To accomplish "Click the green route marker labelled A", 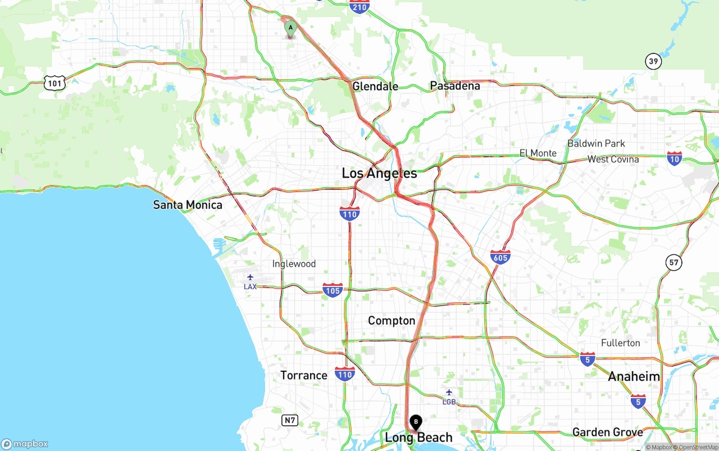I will coord(290,28).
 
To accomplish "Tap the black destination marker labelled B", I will coord(416,422).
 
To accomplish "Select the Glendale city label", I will coord(375,86).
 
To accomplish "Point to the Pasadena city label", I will coord(455,86).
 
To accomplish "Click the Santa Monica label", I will coord(188,205).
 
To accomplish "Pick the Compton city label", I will coord(392,321).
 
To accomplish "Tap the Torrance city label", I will coord(304,375).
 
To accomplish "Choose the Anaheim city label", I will coord(634,376).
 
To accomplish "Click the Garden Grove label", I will coord(607,432).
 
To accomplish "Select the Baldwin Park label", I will coord(596,143).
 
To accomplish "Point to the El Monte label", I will coord(538,153).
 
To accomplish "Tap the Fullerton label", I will coord(620,343).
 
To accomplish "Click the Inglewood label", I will coord(294,264).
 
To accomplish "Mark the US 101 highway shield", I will coord(54,83).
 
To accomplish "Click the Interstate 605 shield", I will coord(500,257).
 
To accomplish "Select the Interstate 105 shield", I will coord(333,290).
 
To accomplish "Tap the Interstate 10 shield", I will coord(675,159).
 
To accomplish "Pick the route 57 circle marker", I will coord(674,262).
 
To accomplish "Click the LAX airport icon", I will coord(250,277).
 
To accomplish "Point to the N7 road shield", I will coord(290,420).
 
